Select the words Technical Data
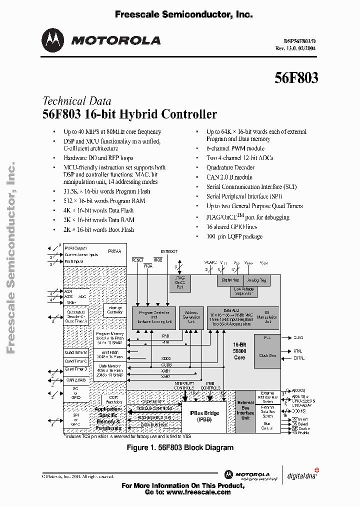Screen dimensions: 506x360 (x=77, y=100)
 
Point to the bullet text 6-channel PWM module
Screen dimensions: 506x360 (x=235, y=148)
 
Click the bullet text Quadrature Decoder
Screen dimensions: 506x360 (x=230, y=167)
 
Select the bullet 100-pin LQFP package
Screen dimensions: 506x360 (x=234, y=236)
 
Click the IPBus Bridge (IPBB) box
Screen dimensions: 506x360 (x=204, y=416)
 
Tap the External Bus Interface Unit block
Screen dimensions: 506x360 (x=245, y=410)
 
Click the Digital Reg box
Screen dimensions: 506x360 (x=230, y=280)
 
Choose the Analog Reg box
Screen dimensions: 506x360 (x=257, y=280)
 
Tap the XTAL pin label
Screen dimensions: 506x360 (x=298, y=351)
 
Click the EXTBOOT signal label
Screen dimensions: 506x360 (x=169, y=251)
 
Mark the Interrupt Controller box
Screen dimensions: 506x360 (x=115, y=310)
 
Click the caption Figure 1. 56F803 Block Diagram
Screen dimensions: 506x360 (x=180, y=447)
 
